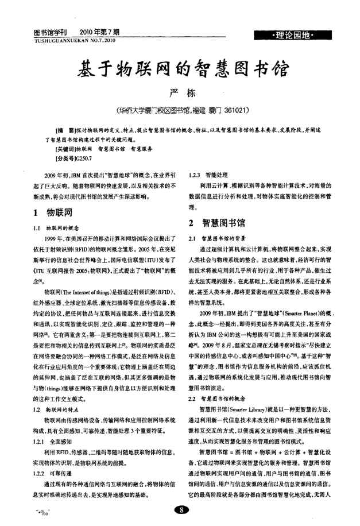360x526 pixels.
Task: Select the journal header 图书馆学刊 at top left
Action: [x=51, y=33]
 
